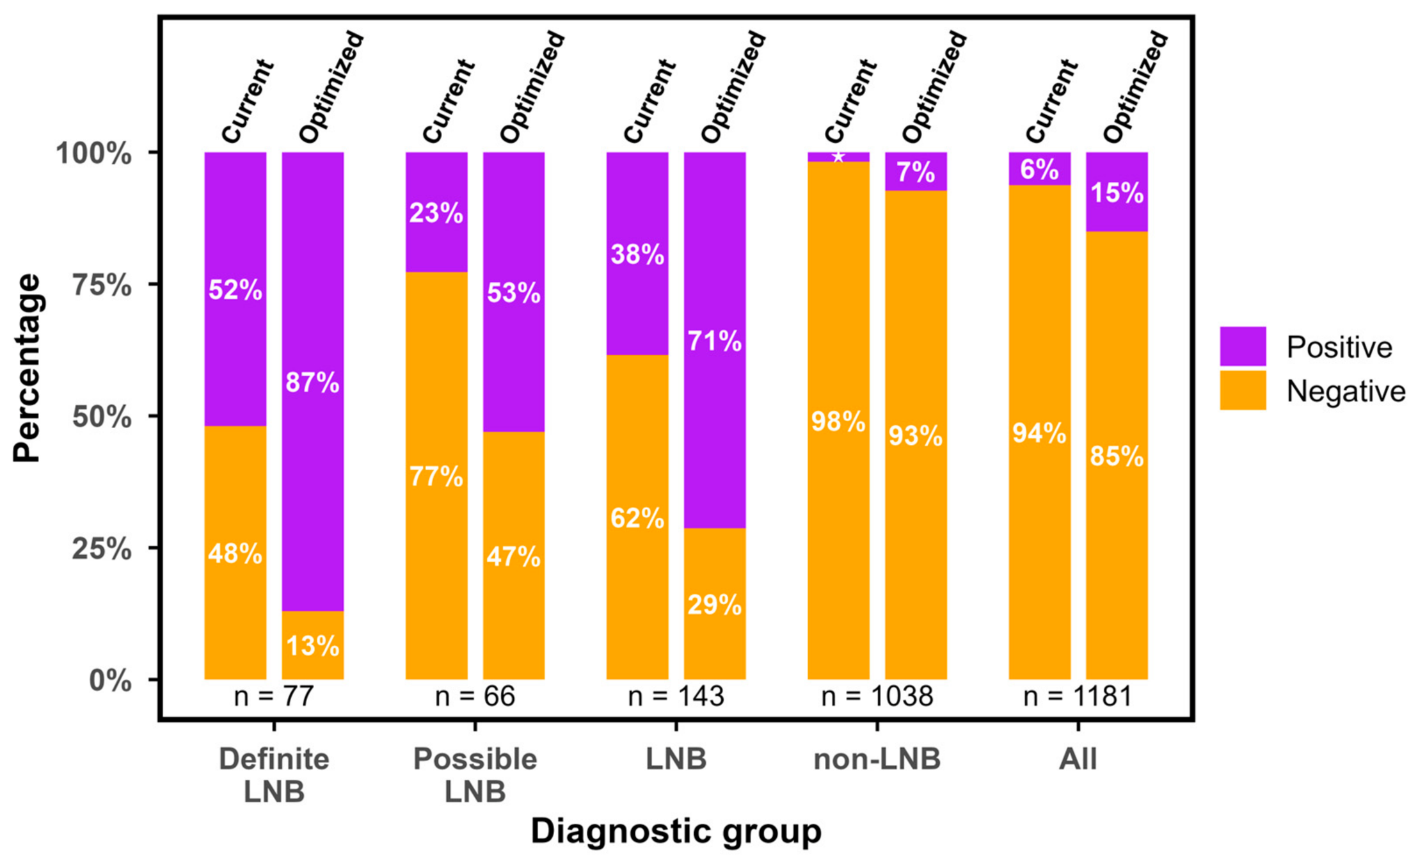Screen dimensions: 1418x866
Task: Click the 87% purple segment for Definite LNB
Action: (313, 381)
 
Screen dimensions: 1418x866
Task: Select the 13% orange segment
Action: (313, 645)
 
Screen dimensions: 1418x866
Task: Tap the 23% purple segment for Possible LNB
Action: (436, 212)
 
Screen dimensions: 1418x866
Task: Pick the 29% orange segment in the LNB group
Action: (715, 604)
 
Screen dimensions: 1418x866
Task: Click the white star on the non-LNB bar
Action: (838, 157)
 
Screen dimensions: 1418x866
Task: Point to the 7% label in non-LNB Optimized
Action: (916, 172)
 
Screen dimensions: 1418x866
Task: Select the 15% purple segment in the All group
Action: (1117, 192)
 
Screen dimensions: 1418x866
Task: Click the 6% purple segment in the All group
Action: (1040, 169)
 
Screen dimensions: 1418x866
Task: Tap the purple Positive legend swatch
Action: (1243, 346)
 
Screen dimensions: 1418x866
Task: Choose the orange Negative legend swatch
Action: (1243, 390)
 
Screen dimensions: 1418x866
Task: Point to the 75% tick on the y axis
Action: (154, 284)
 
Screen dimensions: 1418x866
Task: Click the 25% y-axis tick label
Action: (102, 549)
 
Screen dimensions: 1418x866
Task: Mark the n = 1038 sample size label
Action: (877, 696)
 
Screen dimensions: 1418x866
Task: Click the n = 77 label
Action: (274, 696)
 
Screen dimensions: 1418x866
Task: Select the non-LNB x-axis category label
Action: (877, 759)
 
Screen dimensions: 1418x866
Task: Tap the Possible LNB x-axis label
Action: (475, 775)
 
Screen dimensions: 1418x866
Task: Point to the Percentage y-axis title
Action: (27, 367)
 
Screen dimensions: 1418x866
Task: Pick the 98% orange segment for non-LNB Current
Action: (838, 421)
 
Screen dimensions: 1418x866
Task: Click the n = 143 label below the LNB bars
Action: (676, 696)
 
